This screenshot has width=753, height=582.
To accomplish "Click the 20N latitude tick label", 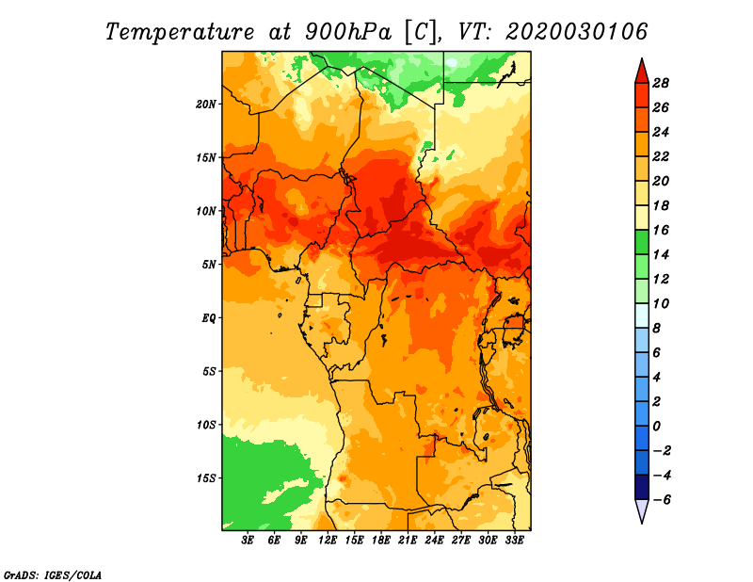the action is click(x=206, y=105).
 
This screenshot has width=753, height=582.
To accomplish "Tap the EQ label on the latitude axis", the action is click(x=209, y=318).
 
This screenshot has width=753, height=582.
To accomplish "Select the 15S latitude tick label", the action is click(x=206, y=478).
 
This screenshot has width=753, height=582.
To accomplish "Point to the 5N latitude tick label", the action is click(x=209, y=265).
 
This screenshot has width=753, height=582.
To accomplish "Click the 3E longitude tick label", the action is click(x=248, y=541).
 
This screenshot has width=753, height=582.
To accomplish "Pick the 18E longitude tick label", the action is click(x=381, y=541).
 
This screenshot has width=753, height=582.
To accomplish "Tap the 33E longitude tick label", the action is click(x=514, y=541).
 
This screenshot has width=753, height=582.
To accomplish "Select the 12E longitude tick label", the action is click(x=328, y=541).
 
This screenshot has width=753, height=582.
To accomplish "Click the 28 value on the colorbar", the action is click(x=661, y=83).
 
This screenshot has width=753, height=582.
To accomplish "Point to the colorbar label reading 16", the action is click(x=661, y=230).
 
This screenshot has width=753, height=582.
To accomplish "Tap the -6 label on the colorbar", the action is click(x=662, y=500).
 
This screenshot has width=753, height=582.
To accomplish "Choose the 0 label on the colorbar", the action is click(x=656, y=427).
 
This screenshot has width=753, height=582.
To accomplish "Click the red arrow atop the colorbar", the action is click(x=642, y=72).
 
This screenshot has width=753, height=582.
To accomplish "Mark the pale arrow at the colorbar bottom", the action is click(x=642, y=511).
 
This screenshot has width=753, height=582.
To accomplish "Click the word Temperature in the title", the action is click(x=180, y=32).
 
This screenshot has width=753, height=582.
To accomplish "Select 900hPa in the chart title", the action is click(x=347, y=32).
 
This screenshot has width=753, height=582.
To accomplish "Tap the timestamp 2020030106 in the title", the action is click(x=576, y=32).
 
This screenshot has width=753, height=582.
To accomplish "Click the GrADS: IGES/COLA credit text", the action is click(x=53, y=574).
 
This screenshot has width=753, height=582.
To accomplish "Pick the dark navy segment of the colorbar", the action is click(x=642, y=487).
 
